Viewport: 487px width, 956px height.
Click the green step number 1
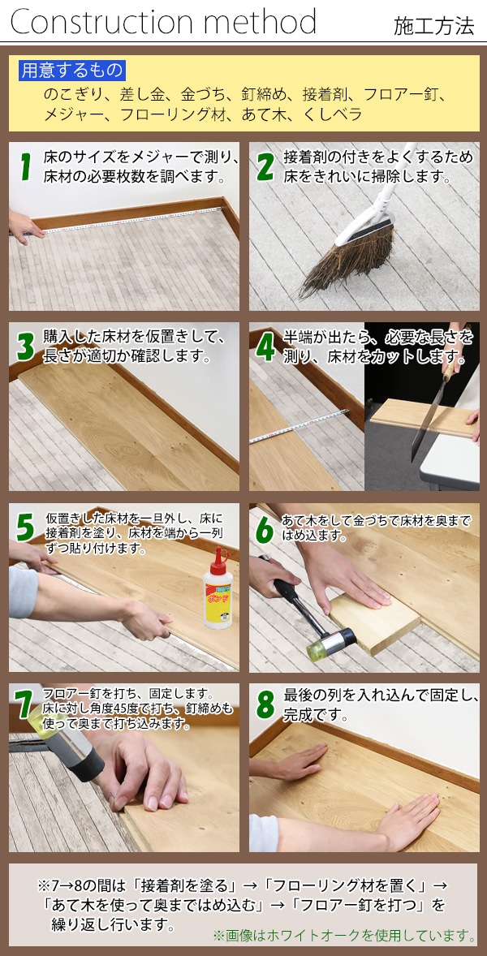[x=25, y=167]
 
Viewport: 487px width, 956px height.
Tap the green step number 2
[x=265, y=167]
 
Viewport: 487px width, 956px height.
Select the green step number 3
[x=26, y=347]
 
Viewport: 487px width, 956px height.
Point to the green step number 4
[x=265, y=347]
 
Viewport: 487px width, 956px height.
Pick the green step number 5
[x=25, y=528]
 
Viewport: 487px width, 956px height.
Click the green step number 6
[x=265, y=528]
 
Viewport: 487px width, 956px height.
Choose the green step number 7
[x=24, y=705]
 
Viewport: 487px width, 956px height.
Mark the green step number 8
[x=265, y=705]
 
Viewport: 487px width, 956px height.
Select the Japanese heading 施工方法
[x=433, y=26]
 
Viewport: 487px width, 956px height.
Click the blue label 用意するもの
[x=72, y=71]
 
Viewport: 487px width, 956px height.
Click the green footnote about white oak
[x=344, y=935]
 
